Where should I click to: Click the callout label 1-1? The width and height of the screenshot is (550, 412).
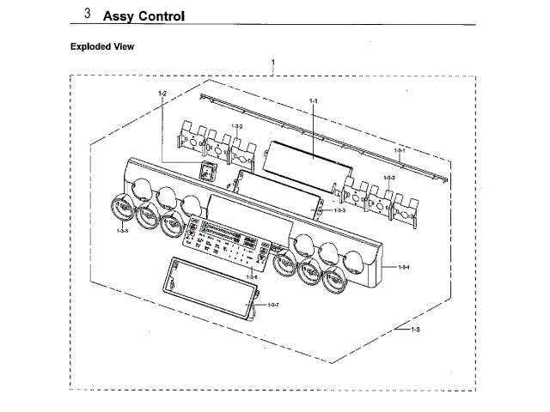click(313, 101)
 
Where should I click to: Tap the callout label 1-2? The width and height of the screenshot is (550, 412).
click(162, 92)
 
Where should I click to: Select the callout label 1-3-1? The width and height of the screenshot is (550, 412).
click(399, 151)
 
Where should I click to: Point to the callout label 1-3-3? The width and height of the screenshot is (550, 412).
click(339, 210)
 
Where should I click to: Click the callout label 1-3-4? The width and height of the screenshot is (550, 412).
click(403, 268)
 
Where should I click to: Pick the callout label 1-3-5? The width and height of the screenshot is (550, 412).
click(122, 231)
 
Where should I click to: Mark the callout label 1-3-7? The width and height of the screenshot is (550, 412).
click(273, 305)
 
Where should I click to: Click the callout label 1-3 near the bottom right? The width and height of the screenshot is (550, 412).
click(415, 330)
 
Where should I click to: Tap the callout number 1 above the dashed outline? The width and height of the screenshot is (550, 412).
click(272, 63)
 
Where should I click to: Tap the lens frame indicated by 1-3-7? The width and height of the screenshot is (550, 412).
click(211, 288)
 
